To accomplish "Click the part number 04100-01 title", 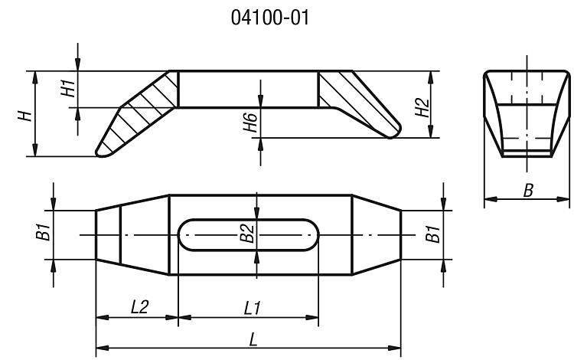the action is coord(270,18).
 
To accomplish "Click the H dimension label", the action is coord(25,116).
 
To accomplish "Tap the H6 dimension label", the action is coord(250,122).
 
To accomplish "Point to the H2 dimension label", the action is coord(422,107).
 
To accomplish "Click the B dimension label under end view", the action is coord(528,191).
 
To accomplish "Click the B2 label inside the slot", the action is coord(247,234).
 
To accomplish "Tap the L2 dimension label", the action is coord(139,307).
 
